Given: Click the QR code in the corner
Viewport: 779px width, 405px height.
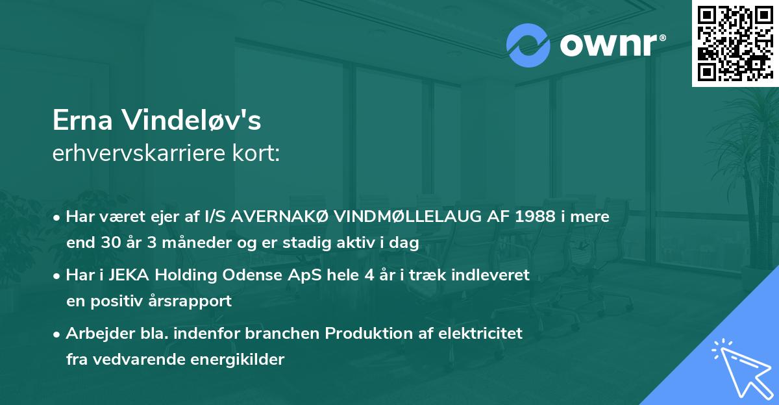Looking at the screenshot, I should (735, 43).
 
